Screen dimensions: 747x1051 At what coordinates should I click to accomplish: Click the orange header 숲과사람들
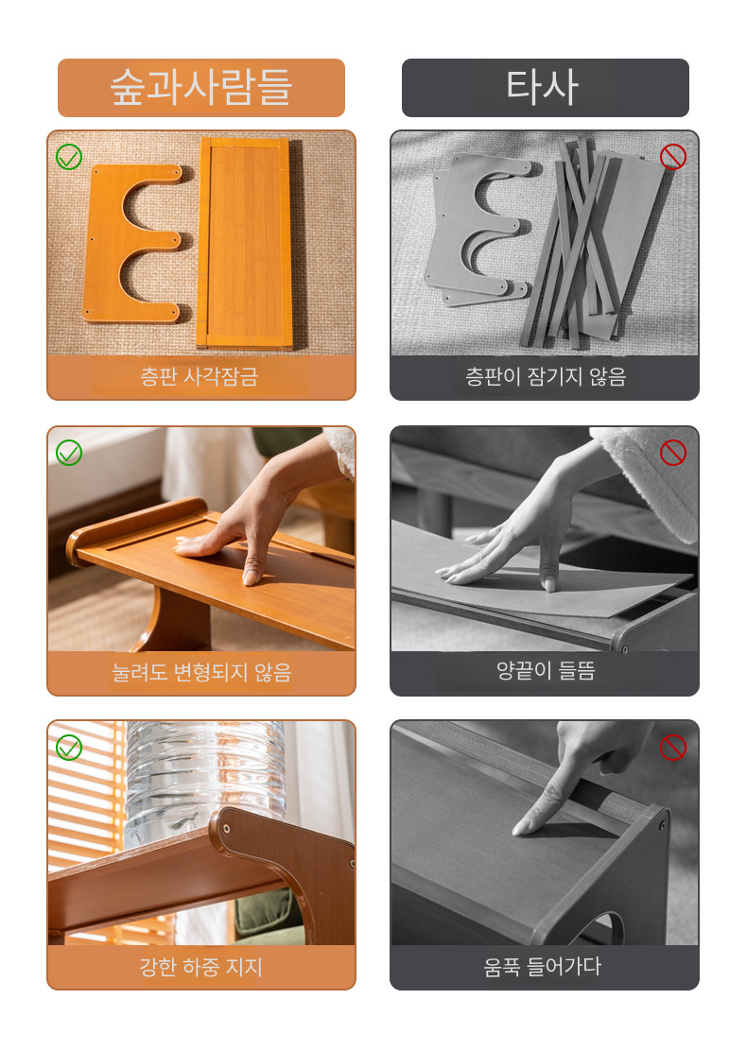tap(201, 87)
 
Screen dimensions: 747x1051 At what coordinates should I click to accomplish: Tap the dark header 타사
tap(546, 87)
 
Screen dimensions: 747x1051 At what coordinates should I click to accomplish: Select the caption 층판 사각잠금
tap(200, 377)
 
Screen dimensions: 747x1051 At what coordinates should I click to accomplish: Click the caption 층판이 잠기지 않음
tap(546, 377)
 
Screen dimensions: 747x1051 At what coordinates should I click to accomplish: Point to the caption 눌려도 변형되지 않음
tap(201, 672)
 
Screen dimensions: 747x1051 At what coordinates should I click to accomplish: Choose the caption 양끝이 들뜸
tap(546, 671)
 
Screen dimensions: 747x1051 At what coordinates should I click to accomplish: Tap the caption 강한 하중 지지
tap(200, 967)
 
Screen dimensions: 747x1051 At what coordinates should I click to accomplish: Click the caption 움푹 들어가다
tap(543, 967)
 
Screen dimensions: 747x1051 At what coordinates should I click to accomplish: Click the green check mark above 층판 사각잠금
tap(69, 157)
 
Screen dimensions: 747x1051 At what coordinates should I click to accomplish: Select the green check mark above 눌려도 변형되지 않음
tap(69, 453)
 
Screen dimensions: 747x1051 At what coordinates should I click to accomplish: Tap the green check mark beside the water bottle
tap(69, 748)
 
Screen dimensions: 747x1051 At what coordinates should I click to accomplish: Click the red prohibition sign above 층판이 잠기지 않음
tap(673, 157)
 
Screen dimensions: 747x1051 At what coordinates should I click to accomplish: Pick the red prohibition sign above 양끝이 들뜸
tap(673, 453)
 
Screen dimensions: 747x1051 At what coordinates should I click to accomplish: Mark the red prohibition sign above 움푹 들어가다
tap(673, 748)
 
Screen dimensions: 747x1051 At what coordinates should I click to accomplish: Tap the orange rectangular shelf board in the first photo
tap(245, 243)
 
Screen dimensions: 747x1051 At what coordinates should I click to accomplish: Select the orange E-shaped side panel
tap(132, 243)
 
